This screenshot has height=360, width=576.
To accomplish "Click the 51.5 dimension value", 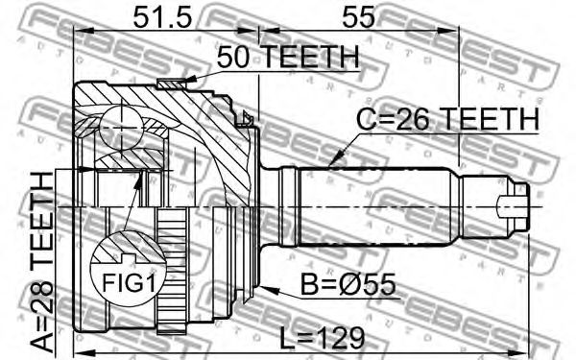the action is point(162,17).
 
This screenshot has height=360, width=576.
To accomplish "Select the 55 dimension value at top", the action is point(358,17).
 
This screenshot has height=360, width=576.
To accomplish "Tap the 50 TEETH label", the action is point(288,57).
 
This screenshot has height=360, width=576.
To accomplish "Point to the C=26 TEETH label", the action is point(447,119).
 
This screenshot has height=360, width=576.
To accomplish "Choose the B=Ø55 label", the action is point(348,284).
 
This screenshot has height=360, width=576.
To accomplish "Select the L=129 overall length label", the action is point(323,338).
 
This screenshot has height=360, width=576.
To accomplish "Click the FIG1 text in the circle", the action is point(129,283).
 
